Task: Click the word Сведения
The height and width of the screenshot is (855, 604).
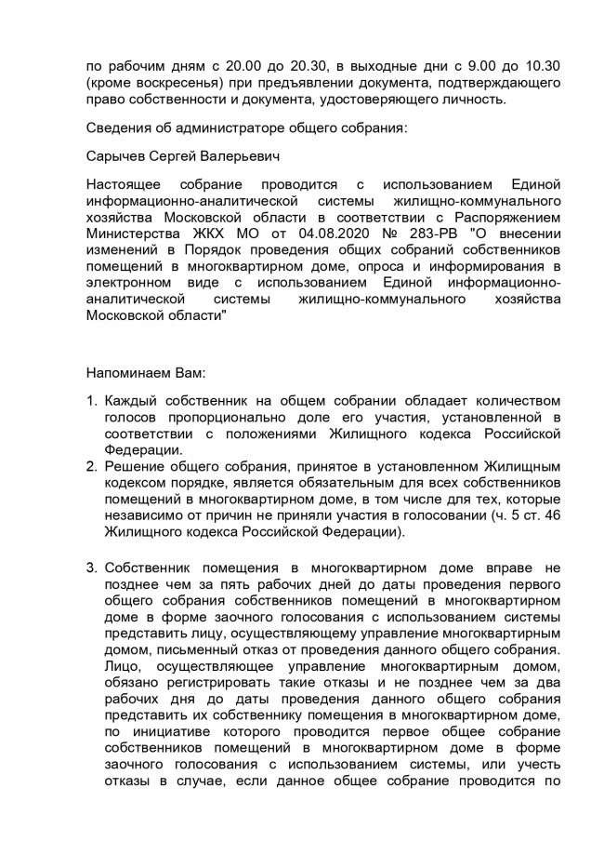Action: (x=116, y=127)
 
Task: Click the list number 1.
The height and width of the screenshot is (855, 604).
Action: (x=90, y=401)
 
